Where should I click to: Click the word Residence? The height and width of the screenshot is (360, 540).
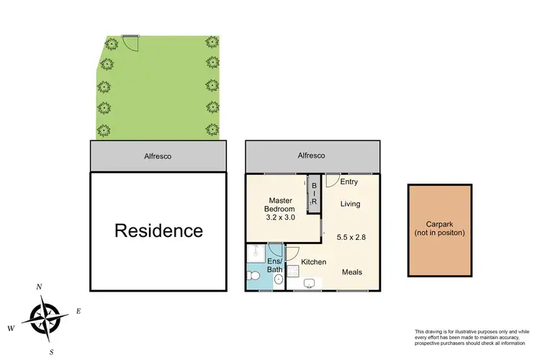point(159,231)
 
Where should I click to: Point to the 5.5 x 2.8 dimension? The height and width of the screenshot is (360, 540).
point(351,237)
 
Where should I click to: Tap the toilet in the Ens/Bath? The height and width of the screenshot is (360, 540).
point(253,274)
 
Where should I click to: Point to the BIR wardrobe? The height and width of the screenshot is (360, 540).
point(313,193)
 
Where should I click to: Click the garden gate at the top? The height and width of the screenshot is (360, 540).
point(130,42)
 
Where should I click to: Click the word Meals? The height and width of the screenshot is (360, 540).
point(351,272)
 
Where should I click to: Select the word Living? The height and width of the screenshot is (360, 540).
point(351,204)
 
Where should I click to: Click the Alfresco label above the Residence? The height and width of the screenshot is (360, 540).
point(158,156)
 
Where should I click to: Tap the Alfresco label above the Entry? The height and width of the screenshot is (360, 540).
point(312,156)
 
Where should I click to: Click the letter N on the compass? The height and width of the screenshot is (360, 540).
point(39,287)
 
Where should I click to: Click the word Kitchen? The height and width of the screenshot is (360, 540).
point(314,262)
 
